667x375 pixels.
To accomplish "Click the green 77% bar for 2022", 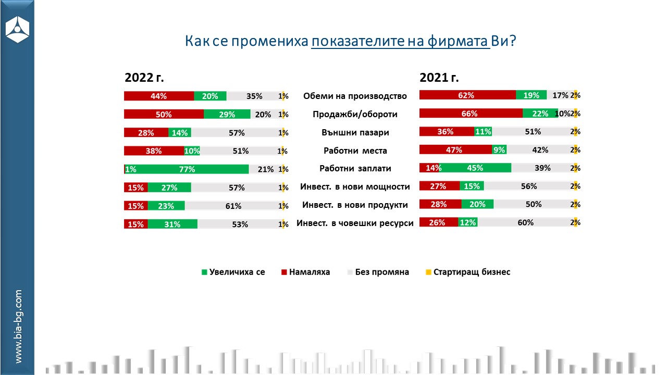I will [x=188, y=169].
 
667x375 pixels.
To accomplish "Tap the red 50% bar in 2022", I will [x=164, y=115].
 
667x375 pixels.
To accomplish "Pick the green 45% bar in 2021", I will [x=475, y=168].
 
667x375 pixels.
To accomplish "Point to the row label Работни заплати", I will [x=355, y=169].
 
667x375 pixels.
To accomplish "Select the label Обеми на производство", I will [x=355, y=96].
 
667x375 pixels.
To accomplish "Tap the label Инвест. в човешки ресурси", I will [x=355, y=223].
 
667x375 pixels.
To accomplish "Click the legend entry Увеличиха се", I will [x=233, y=272].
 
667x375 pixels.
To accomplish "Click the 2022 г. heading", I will [x=144, y=78].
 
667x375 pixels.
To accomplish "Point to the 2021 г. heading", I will [x=439, y=78].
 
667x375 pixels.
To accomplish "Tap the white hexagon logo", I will [x=17, y=29].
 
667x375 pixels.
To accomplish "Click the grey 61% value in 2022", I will [x=233, y=206].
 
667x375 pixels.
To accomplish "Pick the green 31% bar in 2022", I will [x=172, y=224].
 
